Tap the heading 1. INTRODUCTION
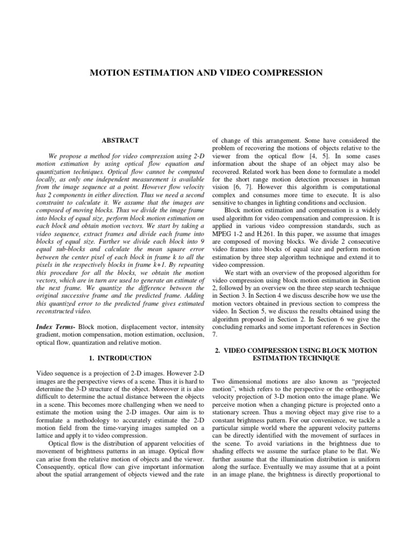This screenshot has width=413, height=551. (120, 358)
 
